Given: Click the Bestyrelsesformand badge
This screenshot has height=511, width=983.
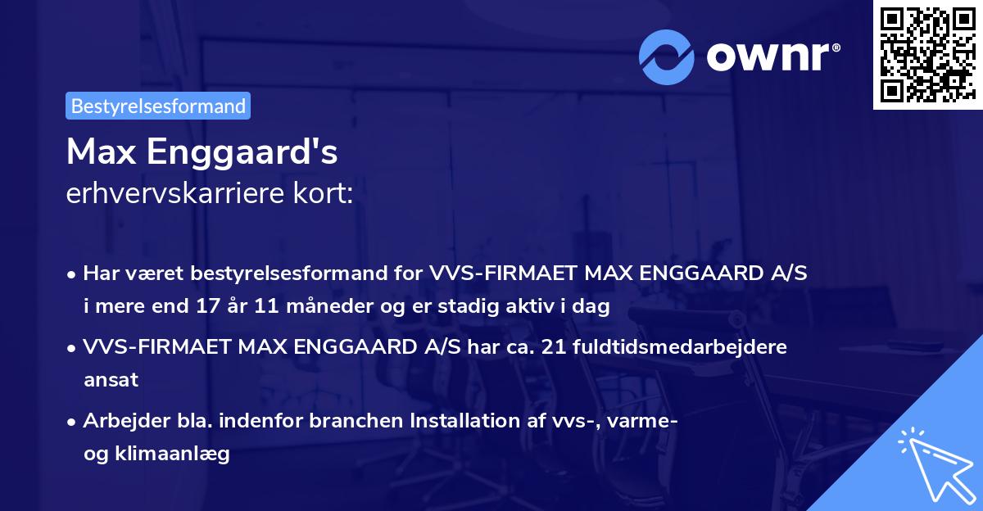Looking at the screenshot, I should (158, 106).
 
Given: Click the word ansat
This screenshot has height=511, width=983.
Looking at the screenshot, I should (111, 380).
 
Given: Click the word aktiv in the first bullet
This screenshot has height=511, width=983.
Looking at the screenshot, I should (542, 307).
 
